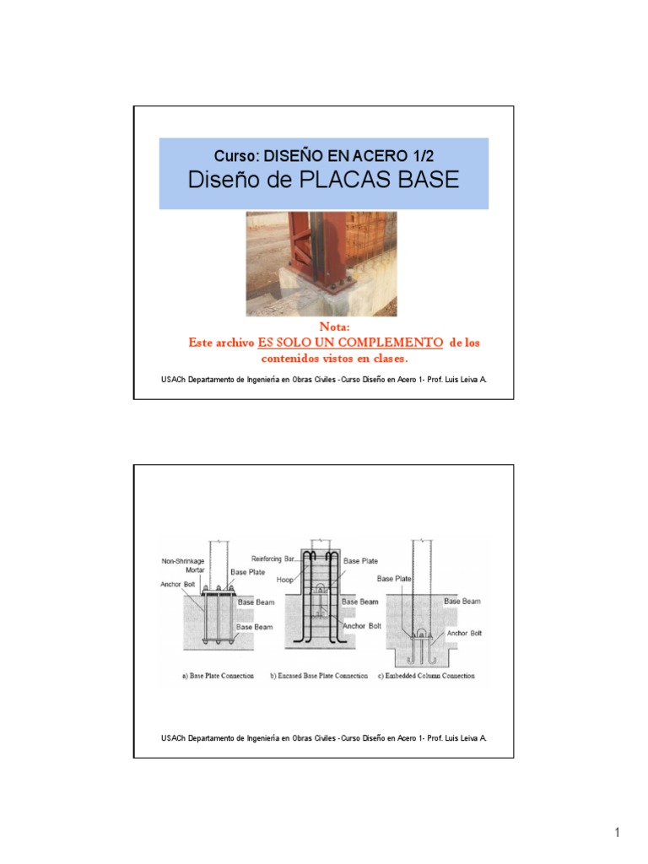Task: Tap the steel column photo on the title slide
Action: tap(321, 263)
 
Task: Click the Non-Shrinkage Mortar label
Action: tap(183, 565)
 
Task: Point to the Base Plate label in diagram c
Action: tap(395, 579)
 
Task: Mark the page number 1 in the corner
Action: tap(617, 834)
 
